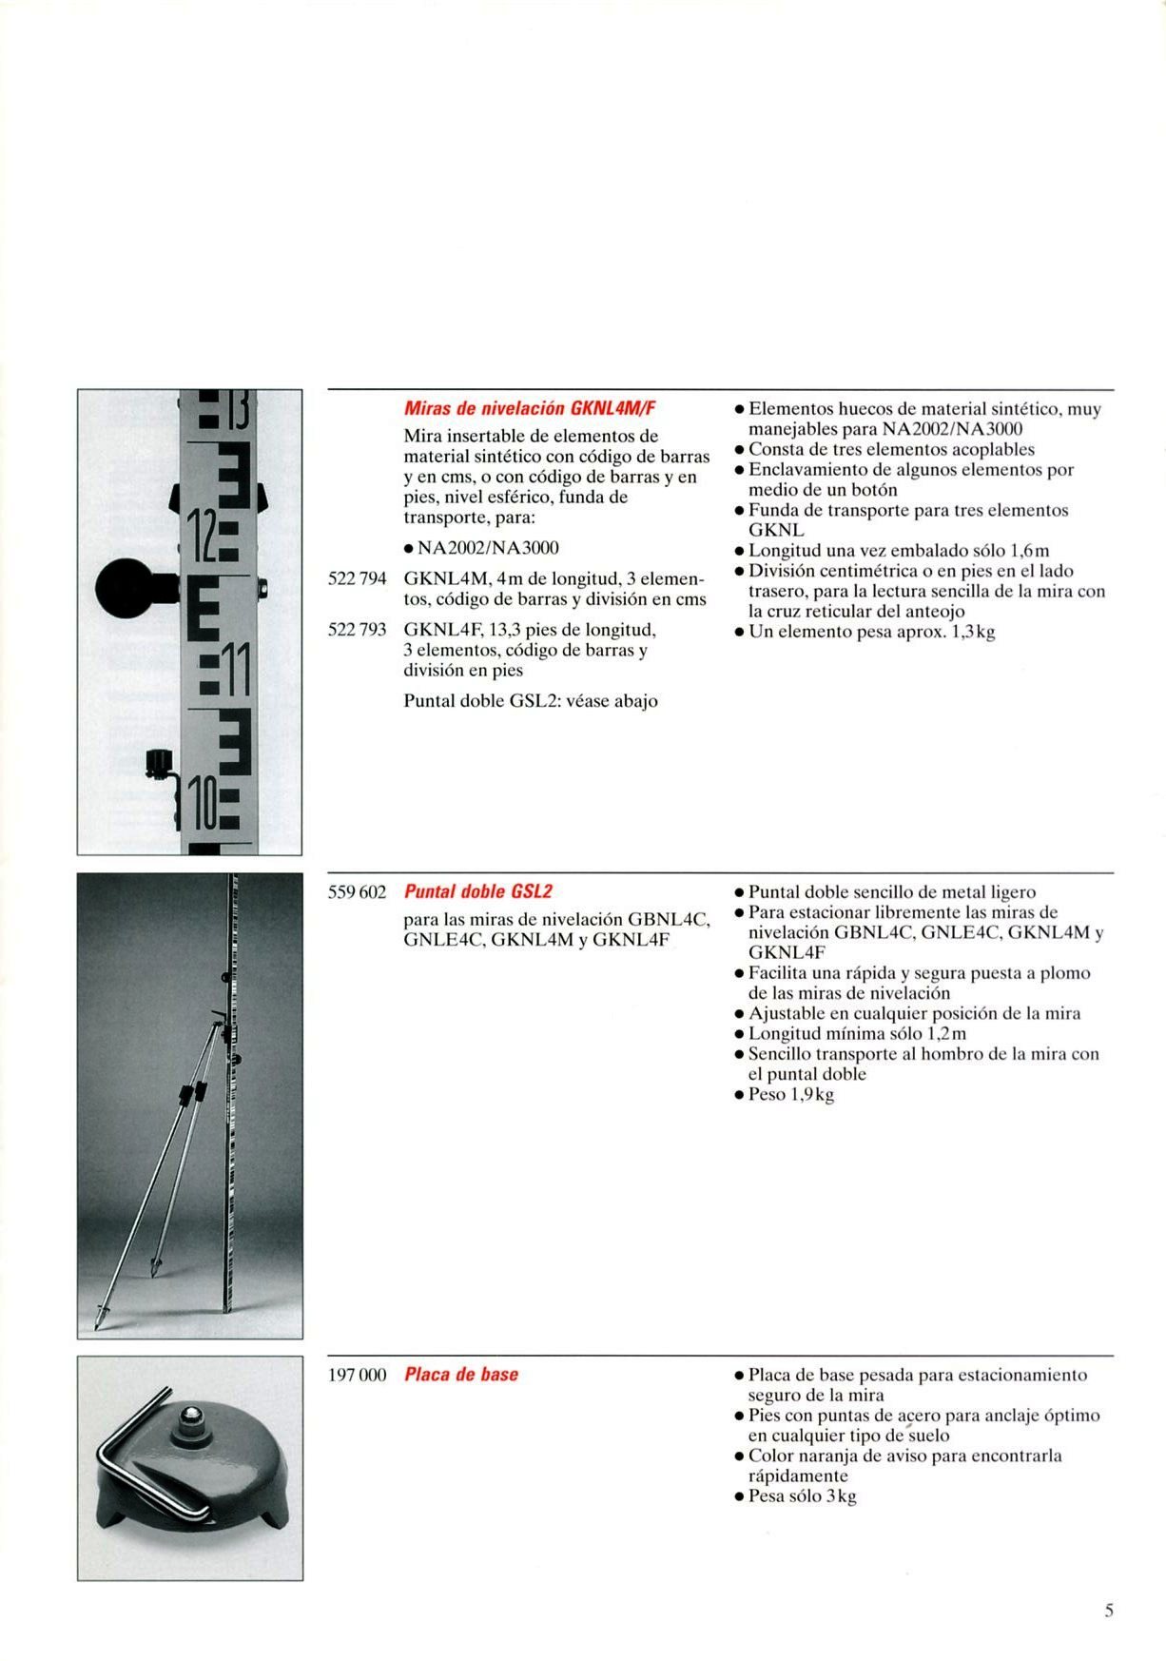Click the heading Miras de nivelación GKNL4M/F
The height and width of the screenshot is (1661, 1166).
coord(530,409)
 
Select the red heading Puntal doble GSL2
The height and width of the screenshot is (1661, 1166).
coord(478,892)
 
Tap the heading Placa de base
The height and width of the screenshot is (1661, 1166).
coord(461,1375)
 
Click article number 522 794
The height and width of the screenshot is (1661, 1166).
coord(357,578)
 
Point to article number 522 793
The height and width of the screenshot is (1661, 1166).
coord(357,630)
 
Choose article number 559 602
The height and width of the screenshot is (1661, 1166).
coord(357,892)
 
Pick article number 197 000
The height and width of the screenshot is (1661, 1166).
coord(357,1375)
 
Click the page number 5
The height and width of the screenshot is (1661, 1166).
coord(1109,1611)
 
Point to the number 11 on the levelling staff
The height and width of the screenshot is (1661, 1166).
coord(236,671)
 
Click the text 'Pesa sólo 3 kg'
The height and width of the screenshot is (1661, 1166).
coord(802,1496)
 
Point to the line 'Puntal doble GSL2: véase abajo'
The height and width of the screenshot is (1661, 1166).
coord(531,701)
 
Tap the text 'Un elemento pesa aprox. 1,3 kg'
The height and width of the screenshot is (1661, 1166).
coord(871,632)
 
